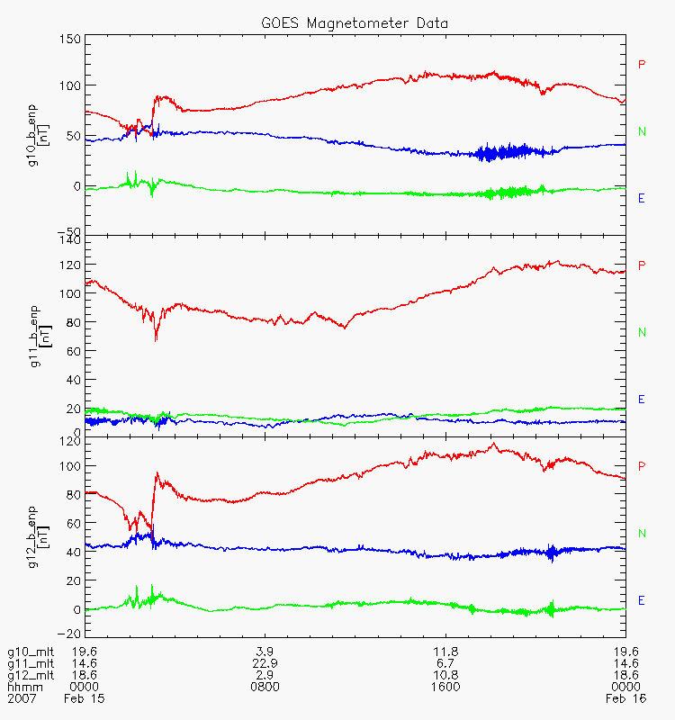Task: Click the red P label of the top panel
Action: tap(642, 64)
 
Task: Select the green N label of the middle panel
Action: tap(643, 332)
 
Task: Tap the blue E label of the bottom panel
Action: tap(642, 600)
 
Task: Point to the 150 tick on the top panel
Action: tap(70, 40)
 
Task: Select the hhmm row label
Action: tap(22, 686)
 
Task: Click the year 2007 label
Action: tap(22, 697)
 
